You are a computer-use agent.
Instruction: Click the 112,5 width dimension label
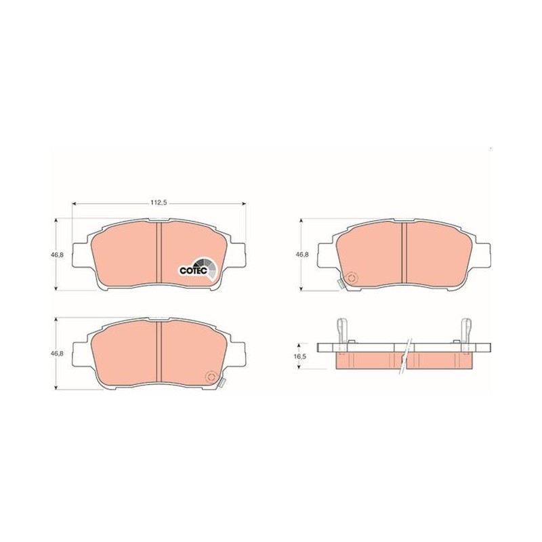tap(159, 203)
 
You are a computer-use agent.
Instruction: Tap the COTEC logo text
tap(193, 270)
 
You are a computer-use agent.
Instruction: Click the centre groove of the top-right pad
tap(404, 252)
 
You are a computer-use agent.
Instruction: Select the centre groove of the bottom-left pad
tap(159, 351)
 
